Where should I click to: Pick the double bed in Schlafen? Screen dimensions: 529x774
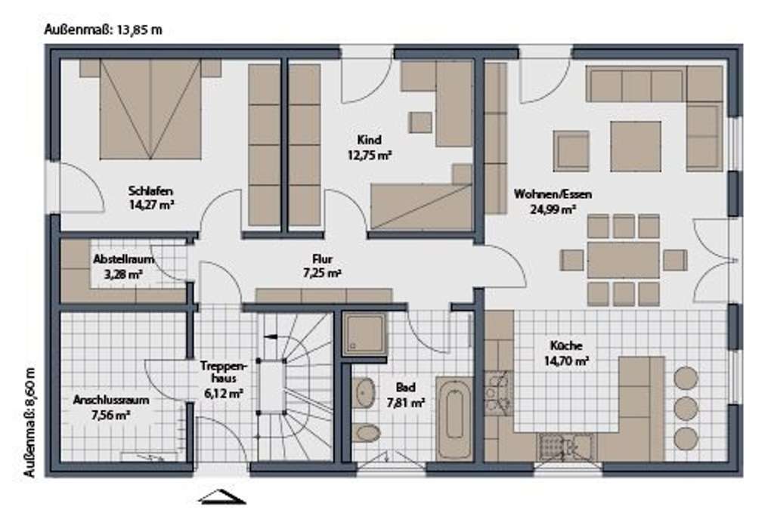coord(150,110)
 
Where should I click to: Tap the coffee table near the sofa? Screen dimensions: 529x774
coord(636,147)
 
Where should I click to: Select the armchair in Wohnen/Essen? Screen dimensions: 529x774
coord(571,151)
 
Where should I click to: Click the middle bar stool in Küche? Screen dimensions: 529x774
coord(686,408)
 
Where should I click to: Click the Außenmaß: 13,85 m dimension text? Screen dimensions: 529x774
coord(104,30)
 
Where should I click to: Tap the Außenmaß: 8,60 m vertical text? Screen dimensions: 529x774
coord(29,423)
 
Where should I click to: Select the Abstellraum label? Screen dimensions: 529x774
coord(123,259)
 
